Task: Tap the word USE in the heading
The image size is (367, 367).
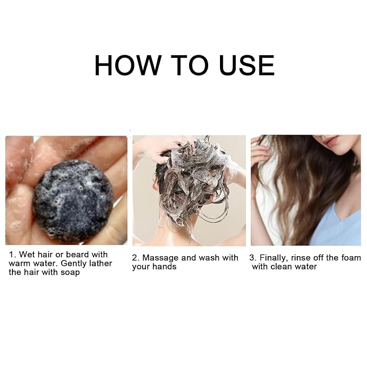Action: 247,65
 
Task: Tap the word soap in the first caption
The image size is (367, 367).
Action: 70,272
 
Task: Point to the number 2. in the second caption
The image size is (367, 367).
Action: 136,258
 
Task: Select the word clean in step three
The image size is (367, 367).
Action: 282,266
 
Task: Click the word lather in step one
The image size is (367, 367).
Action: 101,263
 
